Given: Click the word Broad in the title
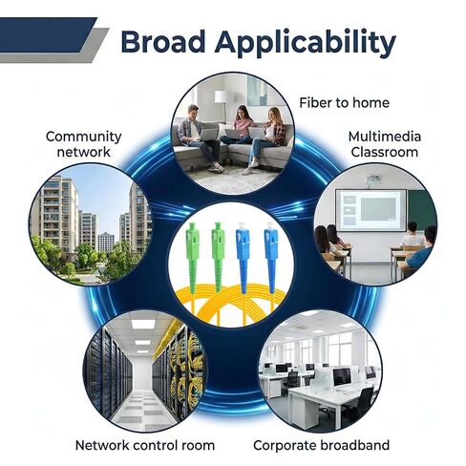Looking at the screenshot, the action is [163, 42].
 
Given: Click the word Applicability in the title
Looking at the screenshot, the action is [306, 44].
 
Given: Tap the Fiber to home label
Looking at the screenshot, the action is [344, 102].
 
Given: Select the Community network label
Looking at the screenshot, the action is [84, 144].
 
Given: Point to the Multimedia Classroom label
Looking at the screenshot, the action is [385, 144].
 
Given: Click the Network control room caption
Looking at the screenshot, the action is [145, 445].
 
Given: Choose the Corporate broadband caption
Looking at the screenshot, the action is [321, 445].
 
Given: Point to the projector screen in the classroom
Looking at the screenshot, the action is [371, 210].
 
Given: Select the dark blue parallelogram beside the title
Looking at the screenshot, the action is [47, 34].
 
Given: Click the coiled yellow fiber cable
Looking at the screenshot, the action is [230, 304].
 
